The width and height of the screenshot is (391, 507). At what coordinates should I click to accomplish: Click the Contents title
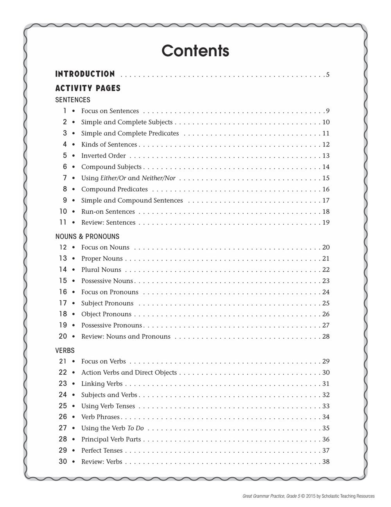coord(195,51)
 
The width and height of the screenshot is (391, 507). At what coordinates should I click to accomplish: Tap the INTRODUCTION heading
coord(85,74)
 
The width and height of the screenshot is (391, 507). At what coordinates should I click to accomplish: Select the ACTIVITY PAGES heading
coord(88,88)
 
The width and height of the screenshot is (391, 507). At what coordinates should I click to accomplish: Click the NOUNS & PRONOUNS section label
coord(87,236)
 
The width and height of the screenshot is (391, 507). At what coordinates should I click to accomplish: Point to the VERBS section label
coord(65,350)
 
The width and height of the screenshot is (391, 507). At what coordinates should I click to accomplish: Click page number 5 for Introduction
coord(328,74)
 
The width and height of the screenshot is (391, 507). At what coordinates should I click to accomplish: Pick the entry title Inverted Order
coord(103,155)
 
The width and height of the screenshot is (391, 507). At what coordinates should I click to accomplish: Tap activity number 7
coord(65,178)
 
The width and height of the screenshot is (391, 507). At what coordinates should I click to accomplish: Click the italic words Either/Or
coord(113,178)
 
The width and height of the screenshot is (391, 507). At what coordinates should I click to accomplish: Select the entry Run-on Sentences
coord(108,211)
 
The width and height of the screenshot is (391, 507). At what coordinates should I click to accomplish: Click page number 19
coord(326,223)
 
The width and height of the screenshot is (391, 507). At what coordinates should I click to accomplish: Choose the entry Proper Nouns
coord(102,259)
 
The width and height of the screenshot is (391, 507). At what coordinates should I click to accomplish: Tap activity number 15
coord(63,280)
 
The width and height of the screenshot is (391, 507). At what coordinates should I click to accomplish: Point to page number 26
coord(326,314)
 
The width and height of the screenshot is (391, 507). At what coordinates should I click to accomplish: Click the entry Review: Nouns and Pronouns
coord(126,336)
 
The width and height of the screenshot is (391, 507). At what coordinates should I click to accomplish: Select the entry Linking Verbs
coord(102,384)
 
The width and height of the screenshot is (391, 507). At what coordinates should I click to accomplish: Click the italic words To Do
coord(136,428)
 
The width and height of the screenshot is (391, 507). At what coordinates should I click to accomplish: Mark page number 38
coord(326,462)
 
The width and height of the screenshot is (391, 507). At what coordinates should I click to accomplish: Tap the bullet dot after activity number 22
coord(74,373)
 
